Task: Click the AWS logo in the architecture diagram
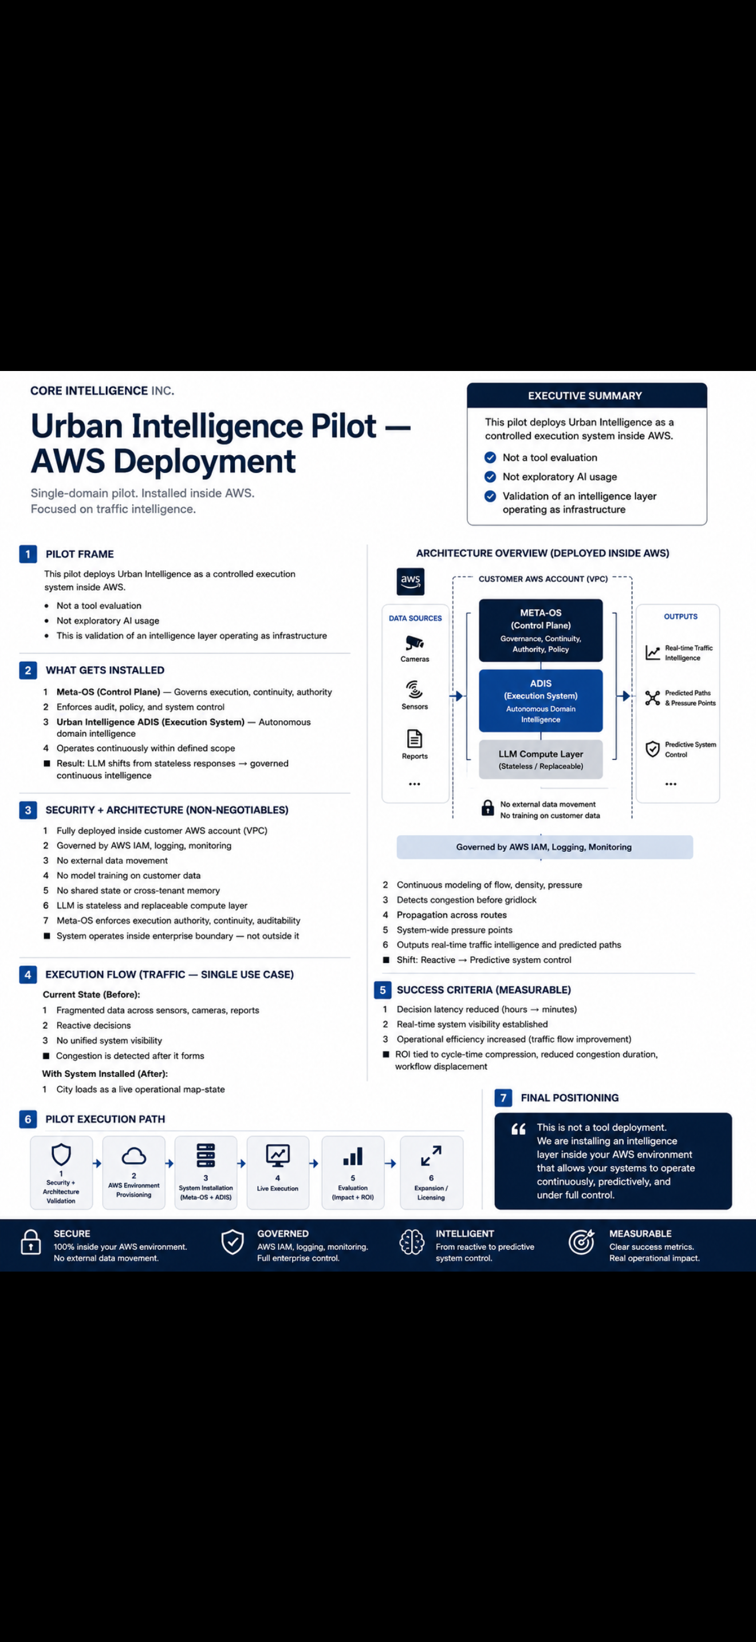(411, 581)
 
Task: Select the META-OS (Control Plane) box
(541, 630)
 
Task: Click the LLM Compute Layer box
(541, 759)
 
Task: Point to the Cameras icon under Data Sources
(414, 642)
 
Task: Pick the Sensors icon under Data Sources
(414, 690)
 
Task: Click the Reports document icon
(414, 739)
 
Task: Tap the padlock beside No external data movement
(487, 808)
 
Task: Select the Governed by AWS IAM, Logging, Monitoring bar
(544, 847)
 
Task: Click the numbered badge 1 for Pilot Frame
(28, 554)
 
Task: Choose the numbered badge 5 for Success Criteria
(383, 990)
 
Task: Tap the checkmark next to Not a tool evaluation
(490, 457)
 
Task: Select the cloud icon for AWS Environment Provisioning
(134, 1156)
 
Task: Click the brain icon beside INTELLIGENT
(412, 1242)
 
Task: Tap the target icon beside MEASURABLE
(581, 1242)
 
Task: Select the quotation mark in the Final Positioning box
(519, 1130)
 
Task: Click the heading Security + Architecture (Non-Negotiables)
(167, 810)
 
